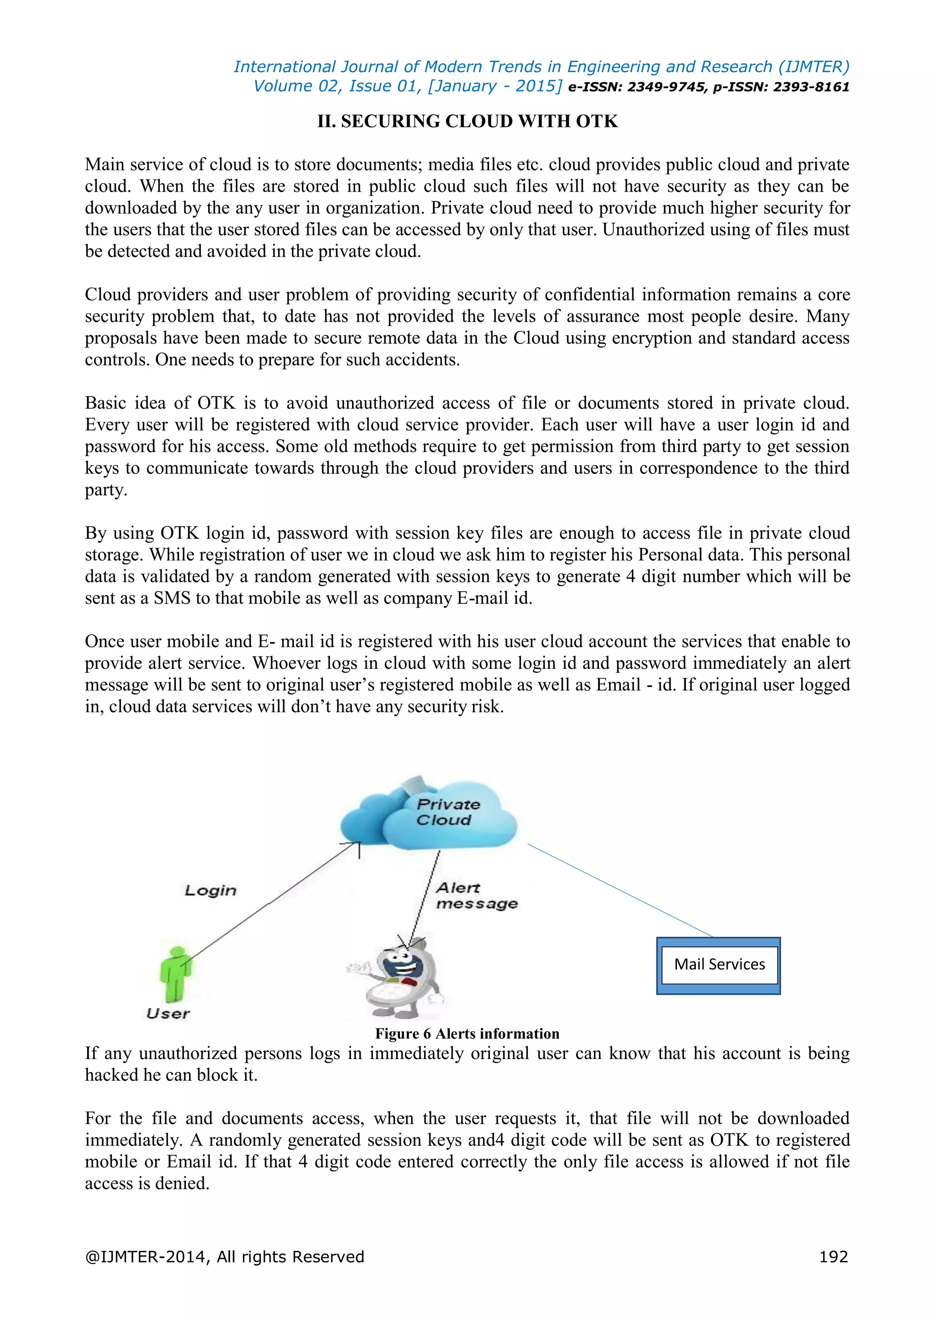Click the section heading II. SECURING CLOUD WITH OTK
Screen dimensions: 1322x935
click(x=467, y=121)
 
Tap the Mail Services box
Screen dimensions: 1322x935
click(x=719, y=965)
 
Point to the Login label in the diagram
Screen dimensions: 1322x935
click(x=210, y=890)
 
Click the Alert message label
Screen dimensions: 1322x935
click(x=476, y=896)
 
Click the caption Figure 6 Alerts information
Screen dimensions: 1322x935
click(x=467, y=1033)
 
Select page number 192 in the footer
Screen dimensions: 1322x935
click(x=833, y=1256)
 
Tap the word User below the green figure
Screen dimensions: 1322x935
click(x=168, y=1013)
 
